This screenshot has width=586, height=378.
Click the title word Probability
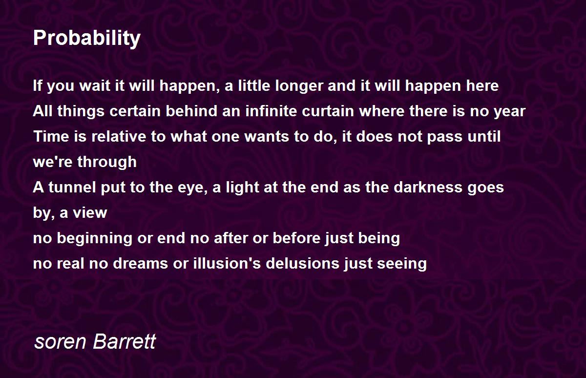coord(87,39)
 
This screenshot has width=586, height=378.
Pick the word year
coord(510,112)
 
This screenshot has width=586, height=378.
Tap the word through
coord(107,162)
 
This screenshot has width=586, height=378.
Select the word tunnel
coord(72,188)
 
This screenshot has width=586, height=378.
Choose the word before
coord(297,238)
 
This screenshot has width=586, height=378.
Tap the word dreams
coord(140,263)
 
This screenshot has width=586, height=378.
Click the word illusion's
coord(227,263)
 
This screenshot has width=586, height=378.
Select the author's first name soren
coord(60,342)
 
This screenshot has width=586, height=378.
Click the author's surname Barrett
coord(125,341)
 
